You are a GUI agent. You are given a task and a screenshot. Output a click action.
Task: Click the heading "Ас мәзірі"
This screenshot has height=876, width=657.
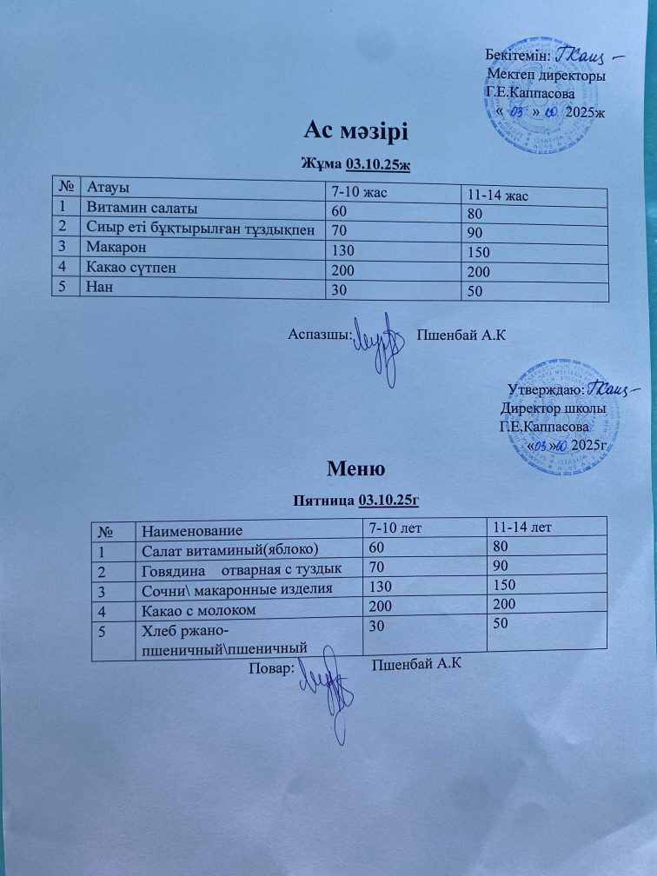coord(355,131)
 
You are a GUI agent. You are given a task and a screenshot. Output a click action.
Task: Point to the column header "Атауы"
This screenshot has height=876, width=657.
coord(109,185)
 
